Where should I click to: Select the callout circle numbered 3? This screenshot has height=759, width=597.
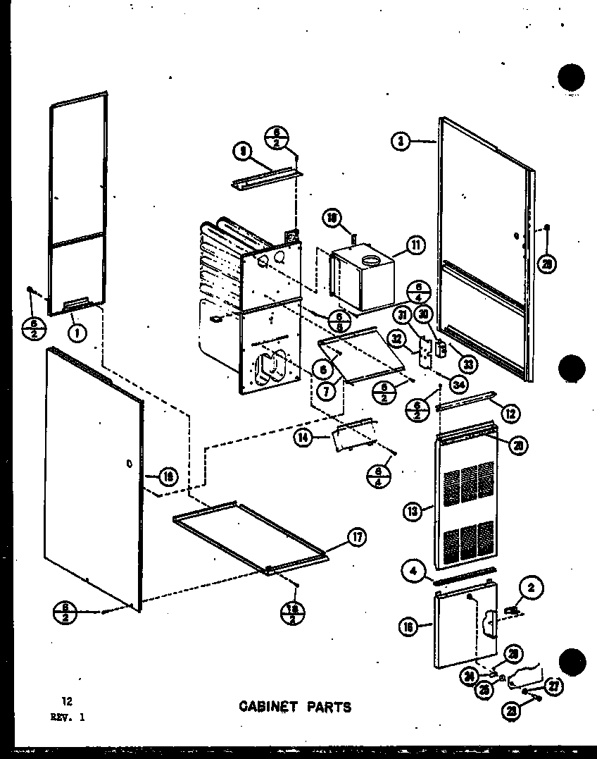click(x=400, y=142)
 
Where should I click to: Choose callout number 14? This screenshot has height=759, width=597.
click(x=303, y=438)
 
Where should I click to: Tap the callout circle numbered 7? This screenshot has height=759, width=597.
click(x=326, y=392)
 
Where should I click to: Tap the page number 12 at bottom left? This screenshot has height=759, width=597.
click(x=67, y=701)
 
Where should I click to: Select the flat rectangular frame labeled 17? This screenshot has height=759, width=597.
click(x=253, y=535)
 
